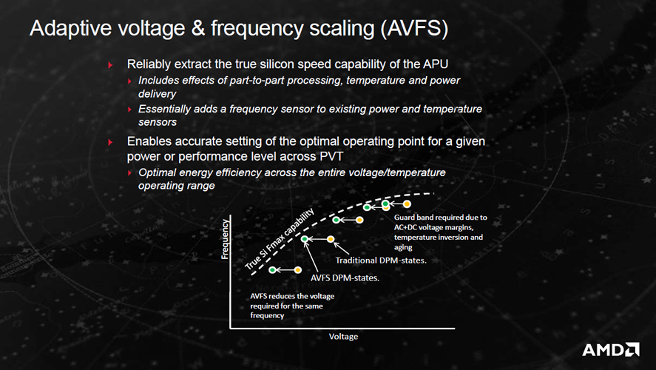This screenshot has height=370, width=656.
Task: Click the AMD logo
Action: coord(610,349)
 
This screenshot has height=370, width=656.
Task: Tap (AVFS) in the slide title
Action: coord(414,28)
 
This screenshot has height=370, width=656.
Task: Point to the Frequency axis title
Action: coord(225,239)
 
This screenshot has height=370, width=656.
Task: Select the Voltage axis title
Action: coord(343,337)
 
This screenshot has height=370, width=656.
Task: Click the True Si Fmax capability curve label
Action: coord(279,238)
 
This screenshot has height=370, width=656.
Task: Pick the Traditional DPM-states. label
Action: coord(381,260)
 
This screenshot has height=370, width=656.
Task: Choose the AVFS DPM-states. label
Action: coord(345,278)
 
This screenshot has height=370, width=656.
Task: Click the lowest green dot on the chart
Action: coord(272,270)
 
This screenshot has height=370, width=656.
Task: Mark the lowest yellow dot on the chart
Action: coord(297,270)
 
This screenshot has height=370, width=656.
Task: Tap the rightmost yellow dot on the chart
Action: coord(407,204)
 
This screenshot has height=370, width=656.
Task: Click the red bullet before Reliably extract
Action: coord(110,65)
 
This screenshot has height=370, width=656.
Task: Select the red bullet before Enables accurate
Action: coord(110,142)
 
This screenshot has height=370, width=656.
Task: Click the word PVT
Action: coord(331,157)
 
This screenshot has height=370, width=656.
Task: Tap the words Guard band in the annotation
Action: coord(411,218)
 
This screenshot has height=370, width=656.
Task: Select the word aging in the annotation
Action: coord(403,247)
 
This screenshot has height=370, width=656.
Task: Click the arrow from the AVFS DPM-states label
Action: coord(311,257)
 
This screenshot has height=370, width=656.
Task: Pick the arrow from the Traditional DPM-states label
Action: coord(342,249)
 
